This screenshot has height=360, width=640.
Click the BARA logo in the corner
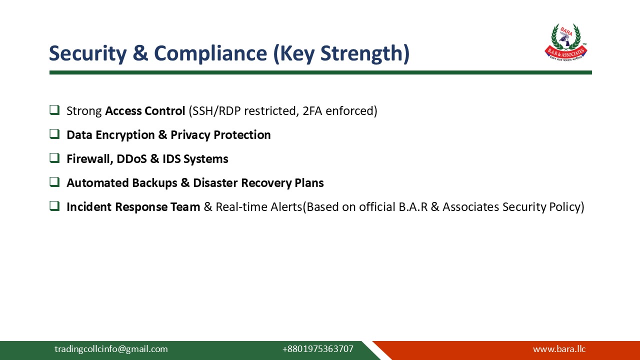[x=565, y=42]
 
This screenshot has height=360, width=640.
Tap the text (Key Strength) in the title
[x=341, y=53]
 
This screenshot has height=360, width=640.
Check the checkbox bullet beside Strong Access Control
[x=54, y=110]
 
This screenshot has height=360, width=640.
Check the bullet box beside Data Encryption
[x=54, y=134]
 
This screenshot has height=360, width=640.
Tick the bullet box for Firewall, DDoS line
[x=54, y=158]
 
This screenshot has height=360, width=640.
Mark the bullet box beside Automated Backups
[x=54, y=182]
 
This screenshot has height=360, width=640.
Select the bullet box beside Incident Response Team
[x=54, y=206]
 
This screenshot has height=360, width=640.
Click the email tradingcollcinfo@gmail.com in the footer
[x=111, y=349]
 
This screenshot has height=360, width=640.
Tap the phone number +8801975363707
[x=317, y=349]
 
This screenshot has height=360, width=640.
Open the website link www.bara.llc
[x=559, y=349]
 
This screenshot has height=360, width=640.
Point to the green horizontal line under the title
[x=320, y=72]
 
